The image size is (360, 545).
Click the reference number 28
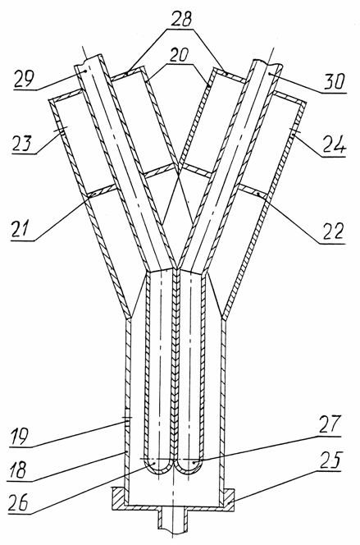[180, 20]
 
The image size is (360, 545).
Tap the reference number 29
[25, 78]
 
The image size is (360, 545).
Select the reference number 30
[334, 82]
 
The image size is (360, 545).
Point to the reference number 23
[21, 143]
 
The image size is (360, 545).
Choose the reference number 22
[331, 231]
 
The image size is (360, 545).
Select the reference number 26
[19, 502]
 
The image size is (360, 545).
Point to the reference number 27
[329, 424]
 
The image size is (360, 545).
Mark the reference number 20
[179, 56]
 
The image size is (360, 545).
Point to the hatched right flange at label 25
[228, 499]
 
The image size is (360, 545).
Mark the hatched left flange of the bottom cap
[118, 498]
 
